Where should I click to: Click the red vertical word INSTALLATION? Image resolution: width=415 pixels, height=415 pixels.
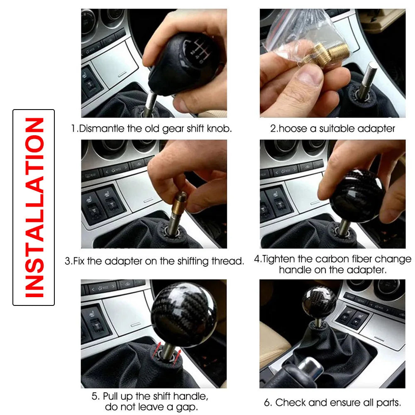[x=34, y=207]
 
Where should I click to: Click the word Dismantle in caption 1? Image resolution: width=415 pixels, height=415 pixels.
[x=101, y=128]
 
